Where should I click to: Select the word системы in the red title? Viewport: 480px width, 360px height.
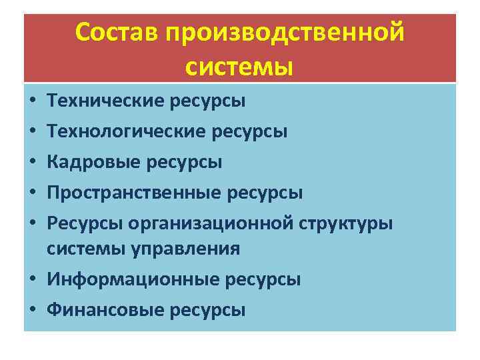(239, 66)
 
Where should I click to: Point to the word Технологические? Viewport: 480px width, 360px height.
(126, 131)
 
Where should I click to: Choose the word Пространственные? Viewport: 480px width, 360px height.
(133, 193)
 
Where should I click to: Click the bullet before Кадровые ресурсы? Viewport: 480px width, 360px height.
(32, 163)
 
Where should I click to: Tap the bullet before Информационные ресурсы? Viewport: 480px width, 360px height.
(32, 280)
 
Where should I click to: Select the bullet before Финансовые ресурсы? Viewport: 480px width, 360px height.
(32, 311)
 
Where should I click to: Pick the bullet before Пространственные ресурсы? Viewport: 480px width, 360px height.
(32, 193)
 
